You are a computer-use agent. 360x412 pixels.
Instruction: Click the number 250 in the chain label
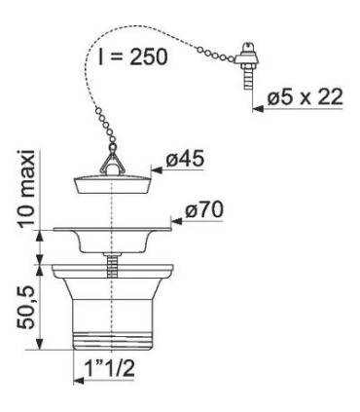(x=148, y=56)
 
